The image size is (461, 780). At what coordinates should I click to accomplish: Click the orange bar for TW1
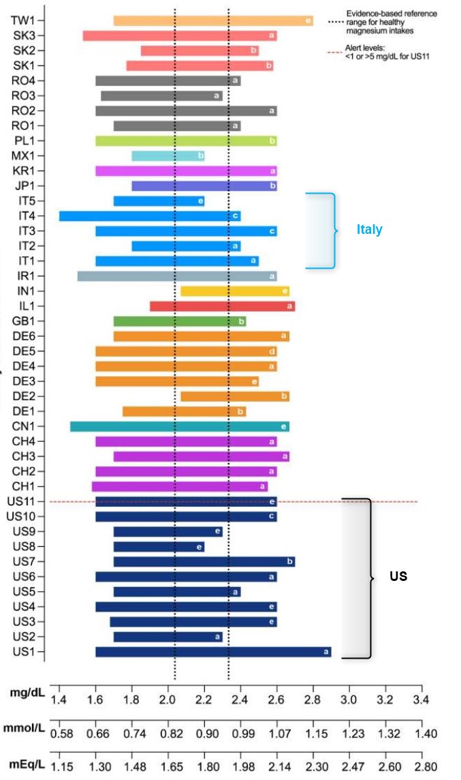[213, 20]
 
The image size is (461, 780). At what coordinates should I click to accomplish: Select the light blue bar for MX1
[168, 156]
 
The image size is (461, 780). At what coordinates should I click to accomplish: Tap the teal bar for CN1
[180, 427]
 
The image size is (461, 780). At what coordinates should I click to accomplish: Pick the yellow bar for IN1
[235, 291]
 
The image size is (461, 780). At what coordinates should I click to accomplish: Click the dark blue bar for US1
[213, 652]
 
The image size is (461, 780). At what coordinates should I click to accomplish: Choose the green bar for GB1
[180, 321]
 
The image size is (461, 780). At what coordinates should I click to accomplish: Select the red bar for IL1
[222, 306]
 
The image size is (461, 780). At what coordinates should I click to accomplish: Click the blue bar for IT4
[150, 216]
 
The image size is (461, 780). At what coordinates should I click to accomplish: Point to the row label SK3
[24, 35]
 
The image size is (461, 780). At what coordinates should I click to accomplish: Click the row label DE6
[24, 336]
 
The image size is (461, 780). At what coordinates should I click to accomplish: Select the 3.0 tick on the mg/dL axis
[349, 700]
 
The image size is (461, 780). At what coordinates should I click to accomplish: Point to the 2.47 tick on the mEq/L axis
[349, 767]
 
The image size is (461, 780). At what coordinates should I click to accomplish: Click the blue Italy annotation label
[369, 230]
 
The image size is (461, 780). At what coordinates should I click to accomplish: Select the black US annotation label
[398, 576]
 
